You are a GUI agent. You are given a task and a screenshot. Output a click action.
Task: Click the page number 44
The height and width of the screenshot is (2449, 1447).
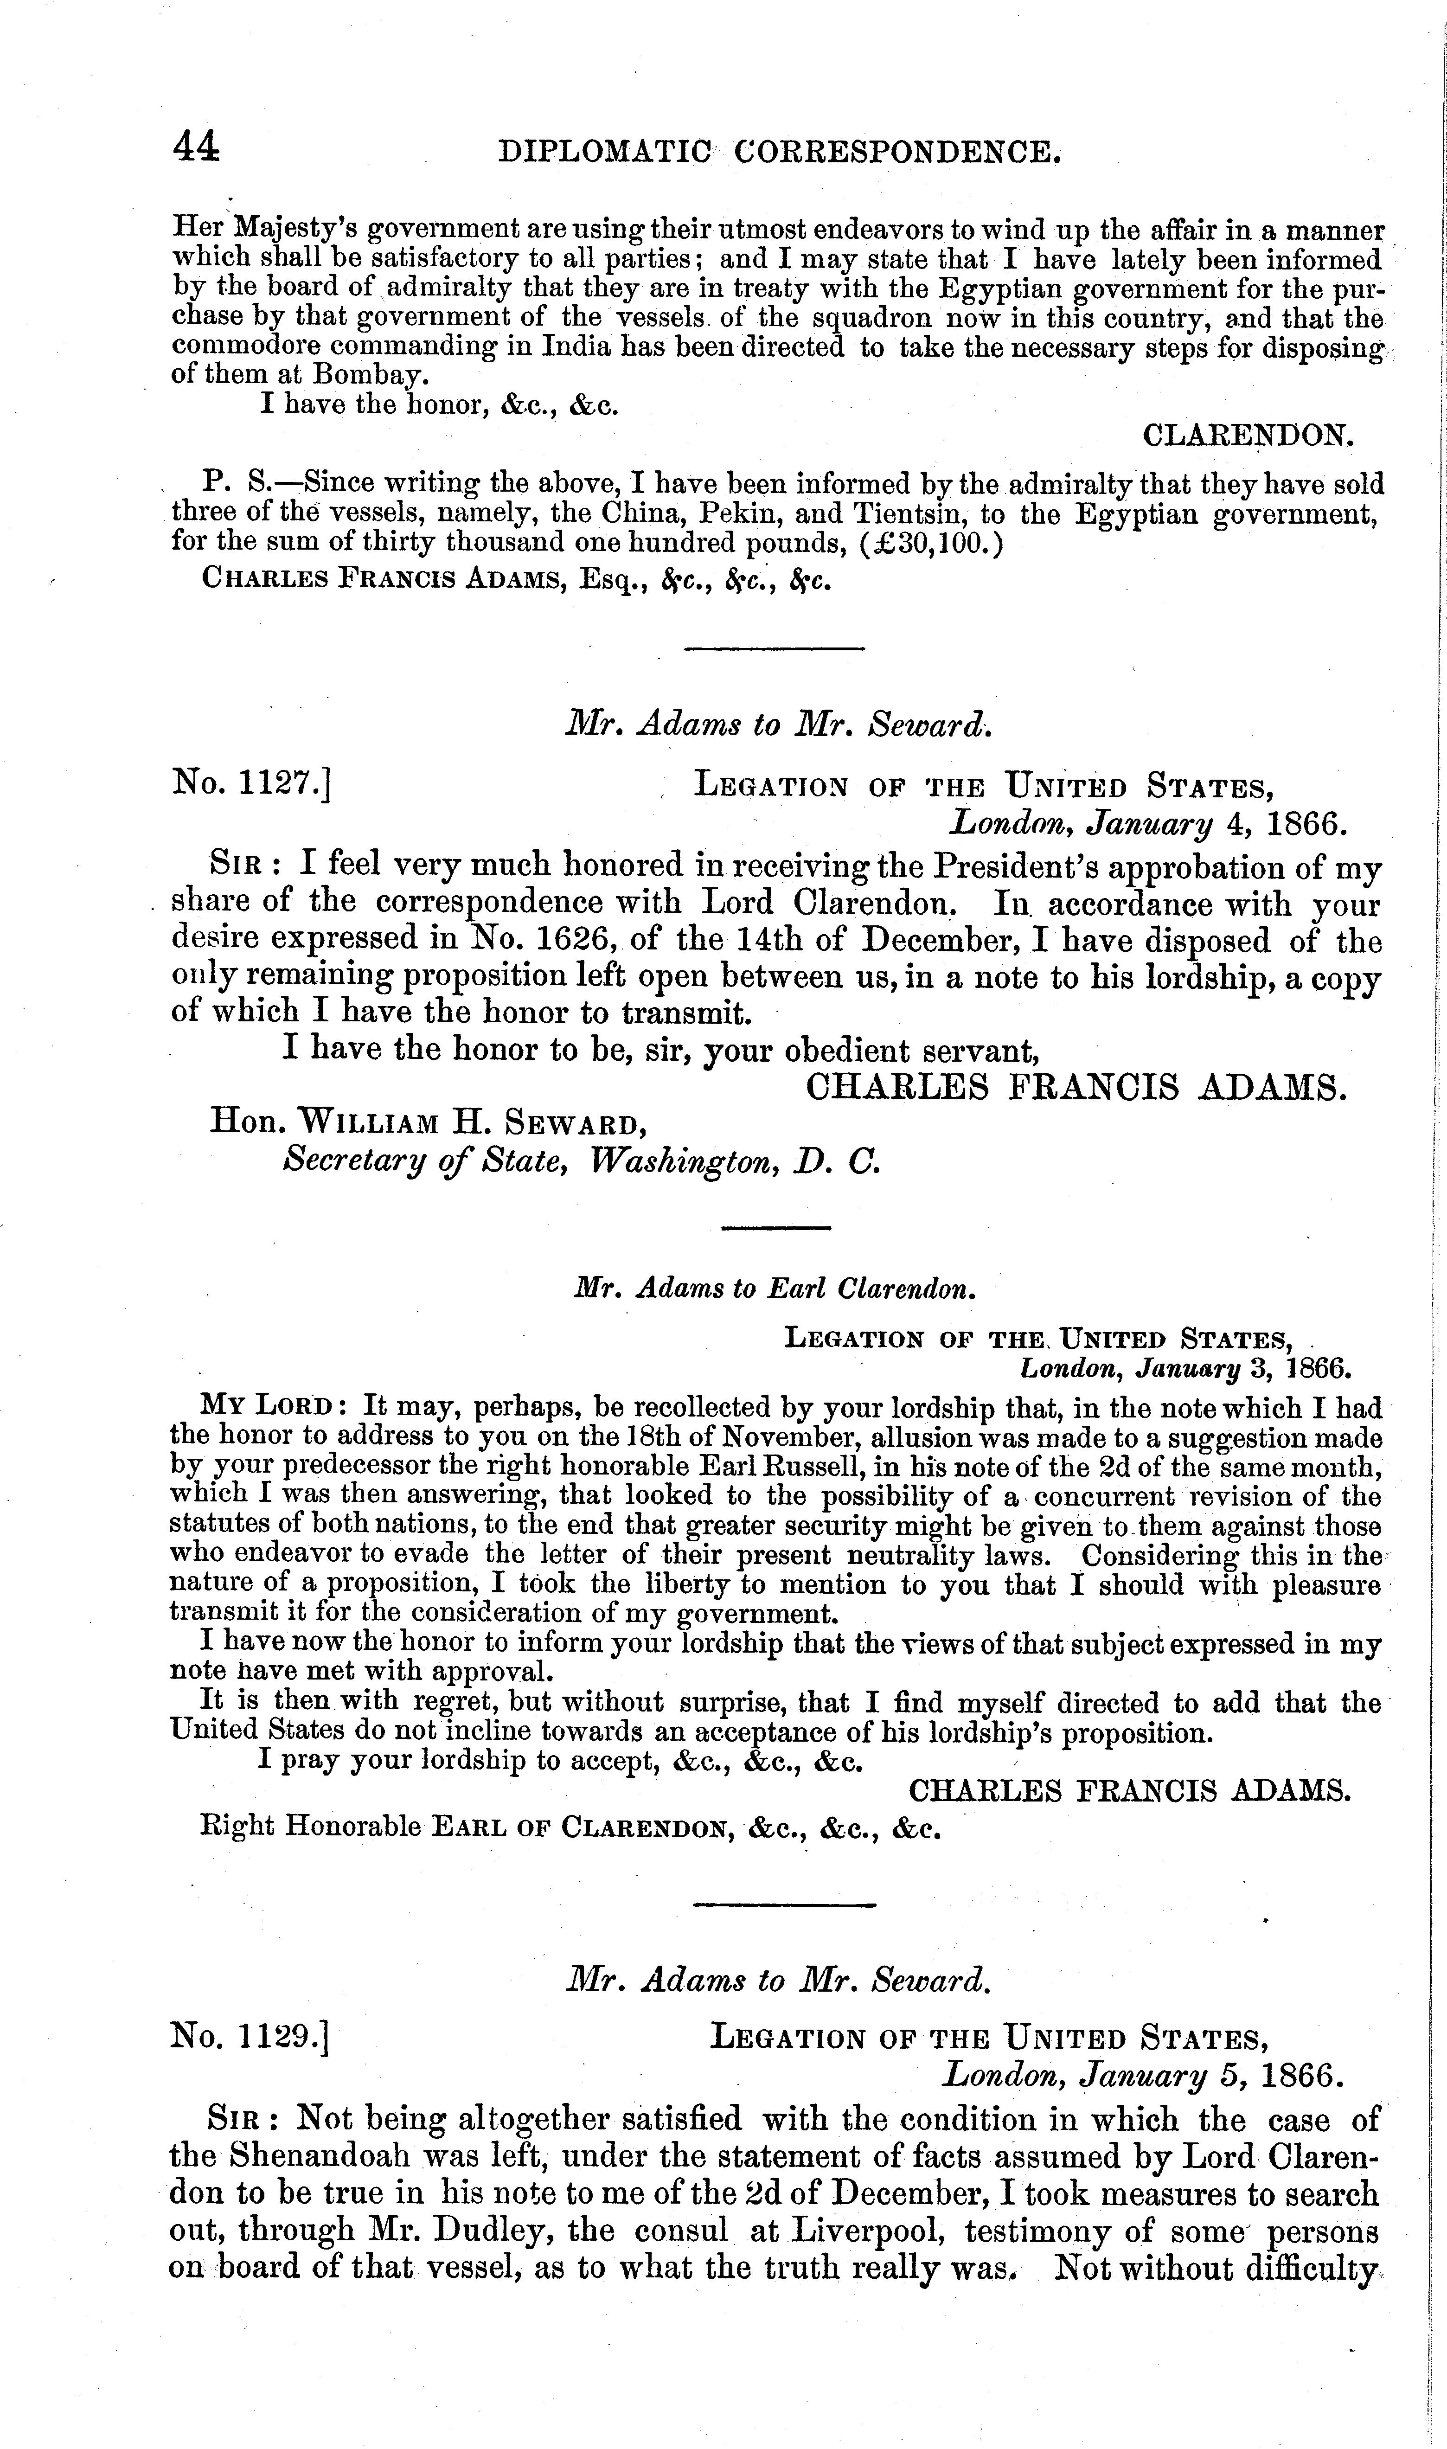click(x=196, y=147)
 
